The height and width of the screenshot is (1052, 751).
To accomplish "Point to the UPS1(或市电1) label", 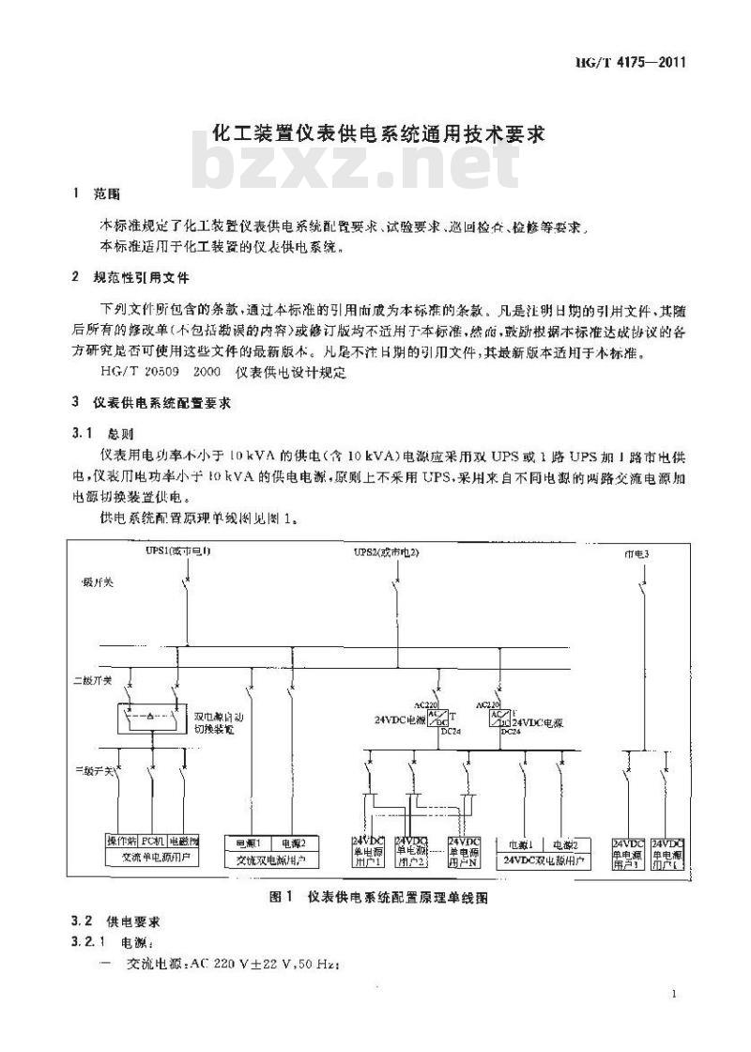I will pyautogui.click(x=177, y=552).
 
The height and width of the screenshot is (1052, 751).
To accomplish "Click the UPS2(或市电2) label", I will pyautogui.click(x=386, y=552).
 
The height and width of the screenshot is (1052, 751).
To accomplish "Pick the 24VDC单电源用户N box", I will pyautogui.click(x=465, y=851).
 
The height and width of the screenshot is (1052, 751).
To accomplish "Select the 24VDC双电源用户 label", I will pyautogui.click(x=544, y=859).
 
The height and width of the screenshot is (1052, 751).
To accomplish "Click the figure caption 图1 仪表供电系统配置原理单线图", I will pyautogui.click(x=378, y=897).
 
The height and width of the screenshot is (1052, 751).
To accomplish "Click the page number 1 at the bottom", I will pyautogui.click(x=675, y=994).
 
